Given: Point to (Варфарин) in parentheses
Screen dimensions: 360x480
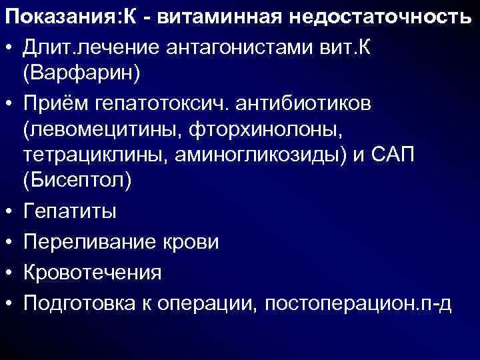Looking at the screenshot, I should point(81,73).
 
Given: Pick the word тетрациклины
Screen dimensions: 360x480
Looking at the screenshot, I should point(97,155).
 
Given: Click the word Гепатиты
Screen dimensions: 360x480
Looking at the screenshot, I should point(69,212).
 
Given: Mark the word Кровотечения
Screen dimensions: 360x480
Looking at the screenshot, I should point(93,273).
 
